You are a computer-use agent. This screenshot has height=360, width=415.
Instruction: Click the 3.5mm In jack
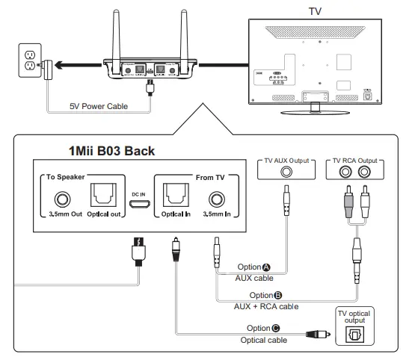216,199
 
